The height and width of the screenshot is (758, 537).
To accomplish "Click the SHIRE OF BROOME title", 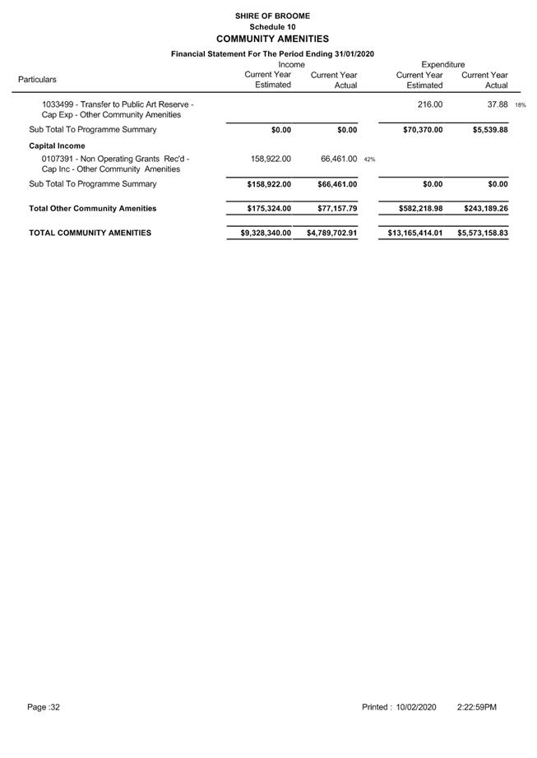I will [x=272, y=16].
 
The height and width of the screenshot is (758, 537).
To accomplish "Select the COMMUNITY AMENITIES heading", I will [x=272, y=39].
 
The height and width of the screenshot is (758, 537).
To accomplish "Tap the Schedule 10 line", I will [x=272, y=27].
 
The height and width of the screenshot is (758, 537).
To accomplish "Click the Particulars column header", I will [x=37, y=80].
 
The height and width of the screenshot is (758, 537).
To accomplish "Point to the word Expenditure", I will [x=442, y=64].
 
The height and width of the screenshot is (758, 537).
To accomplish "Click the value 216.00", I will [x=430, y=104].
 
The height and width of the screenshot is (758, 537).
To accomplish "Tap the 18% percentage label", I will [x=520, y=105].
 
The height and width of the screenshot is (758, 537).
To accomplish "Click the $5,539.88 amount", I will [x=484, y=130].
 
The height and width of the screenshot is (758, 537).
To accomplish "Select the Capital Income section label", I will [x=57, y=146].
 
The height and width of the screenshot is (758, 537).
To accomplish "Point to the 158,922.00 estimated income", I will [x=269, y=159].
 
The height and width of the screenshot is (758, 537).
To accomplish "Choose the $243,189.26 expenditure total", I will [x=482, y=209].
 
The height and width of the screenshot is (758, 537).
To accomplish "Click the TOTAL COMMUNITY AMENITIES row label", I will [x=90, y=233].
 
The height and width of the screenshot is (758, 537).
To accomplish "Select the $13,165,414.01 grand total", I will [x=415, y=233].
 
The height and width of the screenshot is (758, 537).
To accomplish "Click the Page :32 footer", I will [x=44, y=707].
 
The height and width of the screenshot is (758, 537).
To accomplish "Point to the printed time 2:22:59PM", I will [x=477, y=707].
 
